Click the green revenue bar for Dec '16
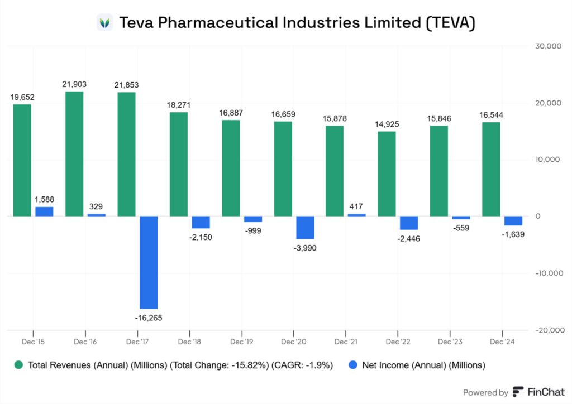[74, 153]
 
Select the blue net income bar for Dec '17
[149, 262]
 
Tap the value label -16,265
[149, 318]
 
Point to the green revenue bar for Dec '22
[387, 174]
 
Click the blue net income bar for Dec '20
[305, 228]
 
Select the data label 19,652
[22, 97]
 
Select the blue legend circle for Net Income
[352, 365]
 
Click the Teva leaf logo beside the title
[104, 23]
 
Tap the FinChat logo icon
[518, 392]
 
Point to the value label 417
[356, 206]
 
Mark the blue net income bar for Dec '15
[44, 211]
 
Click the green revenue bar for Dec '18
[179, 164]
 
